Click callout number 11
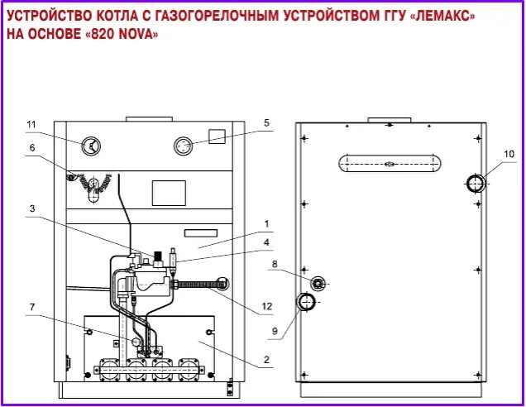click(x=31, y=125)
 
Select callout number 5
click(x=266, y=123)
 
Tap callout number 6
click(x=31, y=148)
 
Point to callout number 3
click(x=31, y=209)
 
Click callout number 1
click(x=266, y=223)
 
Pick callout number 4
click(x=266, y=242)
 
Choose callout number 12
click(x=266, y=306)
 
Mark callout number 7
click(x=31, y=308)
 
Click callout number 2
click(x=266, y=360)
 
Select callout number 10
click(x=509, y=153)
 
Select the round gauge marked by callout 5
click(x=183, y=146)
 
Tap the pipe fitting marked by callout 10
click(x=476, y=183)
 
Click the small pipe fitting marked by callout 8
click(x=318, y=284)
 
